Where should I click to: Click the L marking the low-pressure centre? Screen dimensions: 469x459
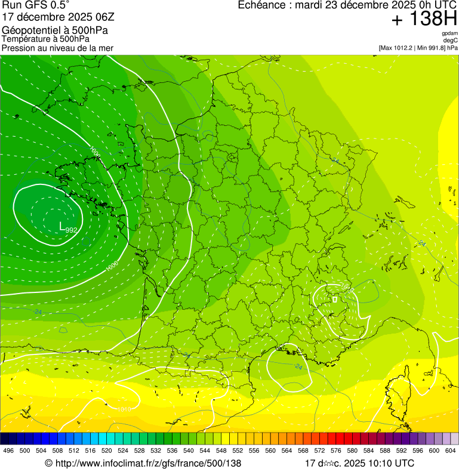[61, 226]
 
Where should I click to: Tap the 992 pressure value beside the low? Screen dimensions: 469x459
[71, 230]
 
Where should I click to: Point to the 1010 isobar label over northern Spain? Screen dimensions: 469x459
[124, 409]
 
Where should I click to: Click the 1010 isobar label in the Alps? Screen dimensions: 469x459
[348, 289]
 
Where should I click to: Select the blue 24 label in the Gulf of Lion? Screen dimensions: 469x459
[298, 366]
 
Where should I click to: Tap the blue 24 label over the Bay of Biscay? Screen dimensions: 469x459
[38, 312]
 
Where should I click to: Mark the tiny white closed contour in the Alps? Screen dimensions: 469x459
[335, 299]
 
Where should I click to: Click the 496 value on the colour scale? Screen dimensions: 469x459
[8, 451]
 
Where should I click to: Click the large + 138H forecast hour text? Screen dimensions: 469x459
[424, 19]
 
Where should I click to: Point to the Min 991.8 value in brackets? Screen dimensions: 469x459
[430, 47]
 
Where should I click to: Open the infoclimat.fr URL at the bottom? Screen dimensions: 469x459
[143, 463]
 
